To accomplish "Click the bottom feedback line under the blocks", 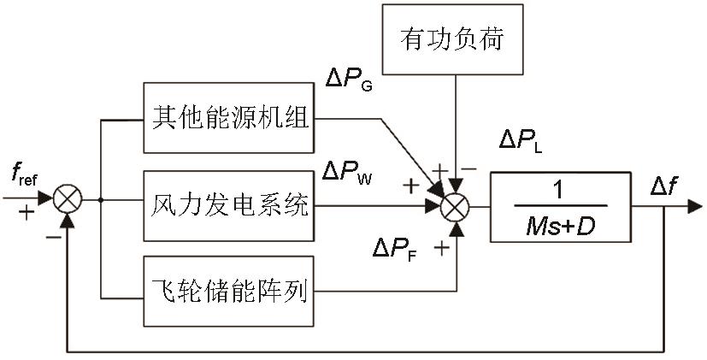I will [x=359, y=351].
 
